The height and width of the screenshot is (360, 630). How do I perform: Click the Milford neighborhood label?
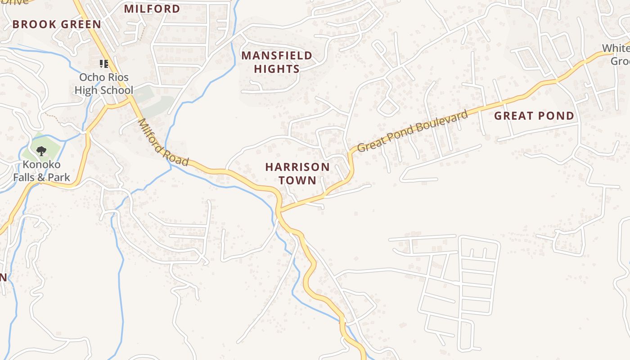[152, 9]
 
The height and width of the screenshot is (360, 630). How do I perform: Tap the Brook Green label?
[57, 24]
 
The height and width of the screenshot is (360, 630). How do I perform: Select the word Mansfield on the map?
[277, 55]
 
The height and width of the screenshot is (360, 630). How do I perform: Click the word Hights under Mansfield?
[277, 69]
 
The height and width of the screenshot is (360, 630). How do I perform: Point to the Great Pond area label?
[534, 116]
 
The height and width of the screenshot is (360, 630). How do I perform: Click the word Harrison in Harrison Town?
[297, 167]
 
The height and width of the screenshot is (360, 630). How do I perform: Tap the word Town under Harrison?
[297, 180]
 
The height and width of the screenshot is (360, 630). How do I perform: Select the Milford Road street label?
[163, 142]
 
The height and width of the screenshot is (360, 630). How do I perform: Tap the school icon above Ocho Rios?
[104, 64]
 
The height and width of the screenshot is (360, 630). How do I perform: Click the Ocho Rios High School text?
[104, 84]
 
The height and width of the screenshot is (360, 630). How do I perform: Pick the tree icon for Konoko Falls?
[41, 151]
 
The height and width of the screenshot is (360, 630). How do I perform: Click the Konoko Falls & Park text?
[41, 171]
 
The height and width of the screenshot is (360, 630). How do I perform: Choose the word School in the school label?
[117, 90]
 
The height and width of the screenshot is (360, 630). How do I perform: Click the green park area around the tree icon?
[52, 143]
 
